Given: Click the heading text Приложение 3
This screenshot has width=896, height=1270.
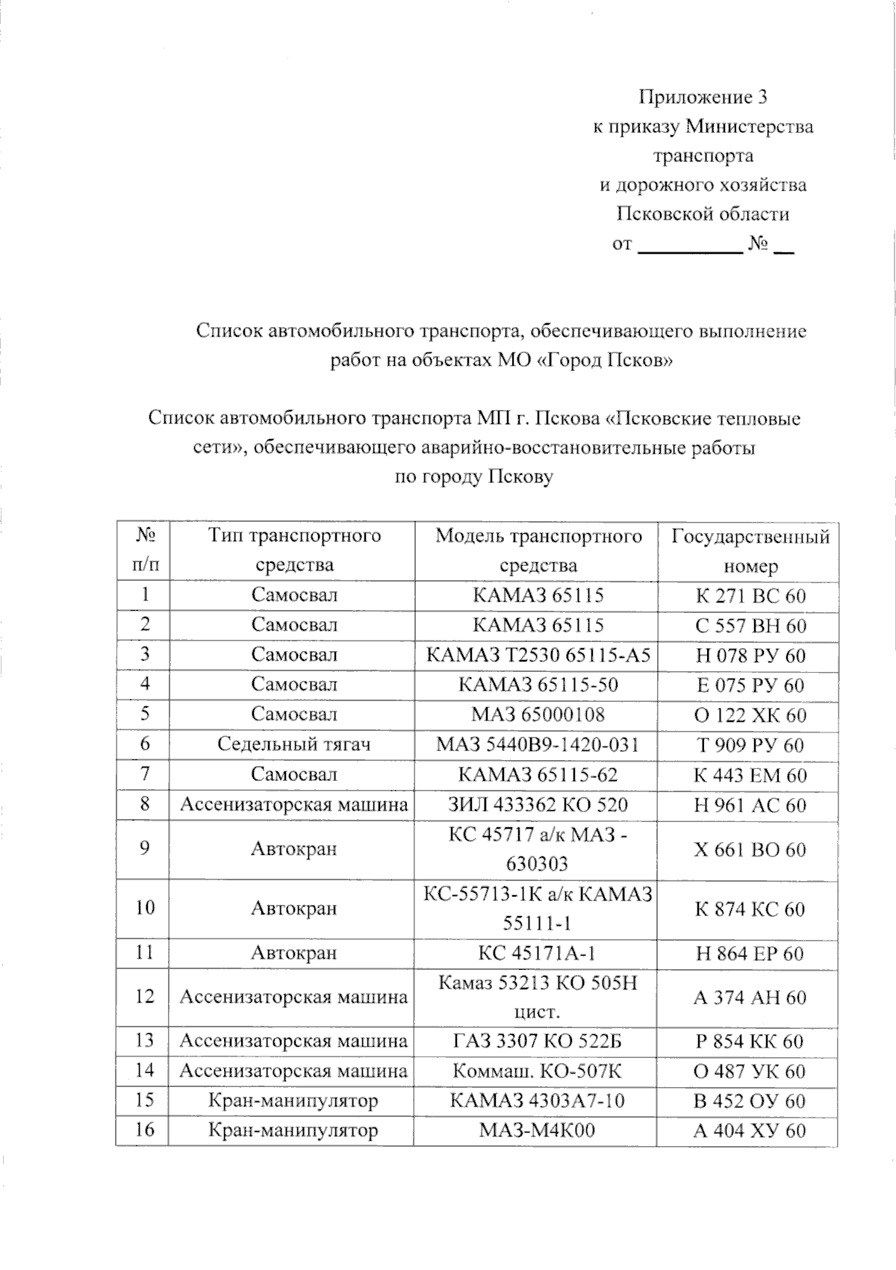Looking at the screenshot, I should click(703, 97).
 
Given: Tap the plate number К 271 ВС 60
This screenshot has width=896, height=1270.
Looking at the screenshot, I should click(750, 596).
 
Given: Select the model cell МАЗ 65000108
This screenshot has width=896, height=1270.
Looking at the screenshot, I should click(538, 715).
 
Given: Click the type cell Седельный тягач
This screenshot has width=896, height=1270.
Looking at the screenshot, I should click(294, 744).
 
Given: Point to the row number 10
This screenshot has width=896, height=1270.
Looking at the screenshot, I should click(145, 908).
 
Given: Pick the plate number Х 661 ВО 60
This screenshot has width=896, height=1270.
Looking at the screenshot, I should click(750, 850).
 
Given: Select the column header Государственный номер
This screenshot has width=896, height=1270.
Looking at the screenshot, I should click(750, 551).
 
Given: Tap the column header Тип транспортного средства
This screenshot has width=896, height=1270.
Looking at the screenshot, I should click(294, 550).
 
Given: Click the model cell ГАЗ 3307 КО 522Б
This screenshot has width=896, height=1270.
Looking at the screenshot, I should click(538, 1042).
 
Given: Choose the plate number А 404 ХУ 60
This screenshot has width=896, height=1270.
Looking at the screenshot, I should click(750, 1130).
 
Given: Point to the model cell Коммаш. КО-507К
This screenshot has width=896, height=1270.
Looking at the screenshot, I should click(538, 1071).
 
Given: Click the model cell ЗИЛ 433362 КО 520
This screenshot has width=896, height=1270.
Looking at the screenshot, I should click(538, 804).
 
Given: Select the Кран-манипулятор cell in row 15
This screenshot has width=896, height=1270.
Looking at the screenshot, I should click(294, 1101).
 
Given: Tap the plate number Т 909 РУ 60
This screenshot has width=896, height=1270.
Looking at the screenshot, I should click(750, 744).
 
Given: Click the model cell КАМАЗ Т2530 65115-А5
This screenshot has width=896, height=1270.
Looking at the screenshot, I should click(538, 656).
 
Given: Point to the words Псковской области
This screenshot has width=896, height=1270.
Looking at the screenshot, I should click(703, 214).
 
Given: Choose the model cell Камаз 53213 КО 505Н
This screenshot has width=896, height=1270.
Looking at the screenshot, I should click(538, 997).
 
